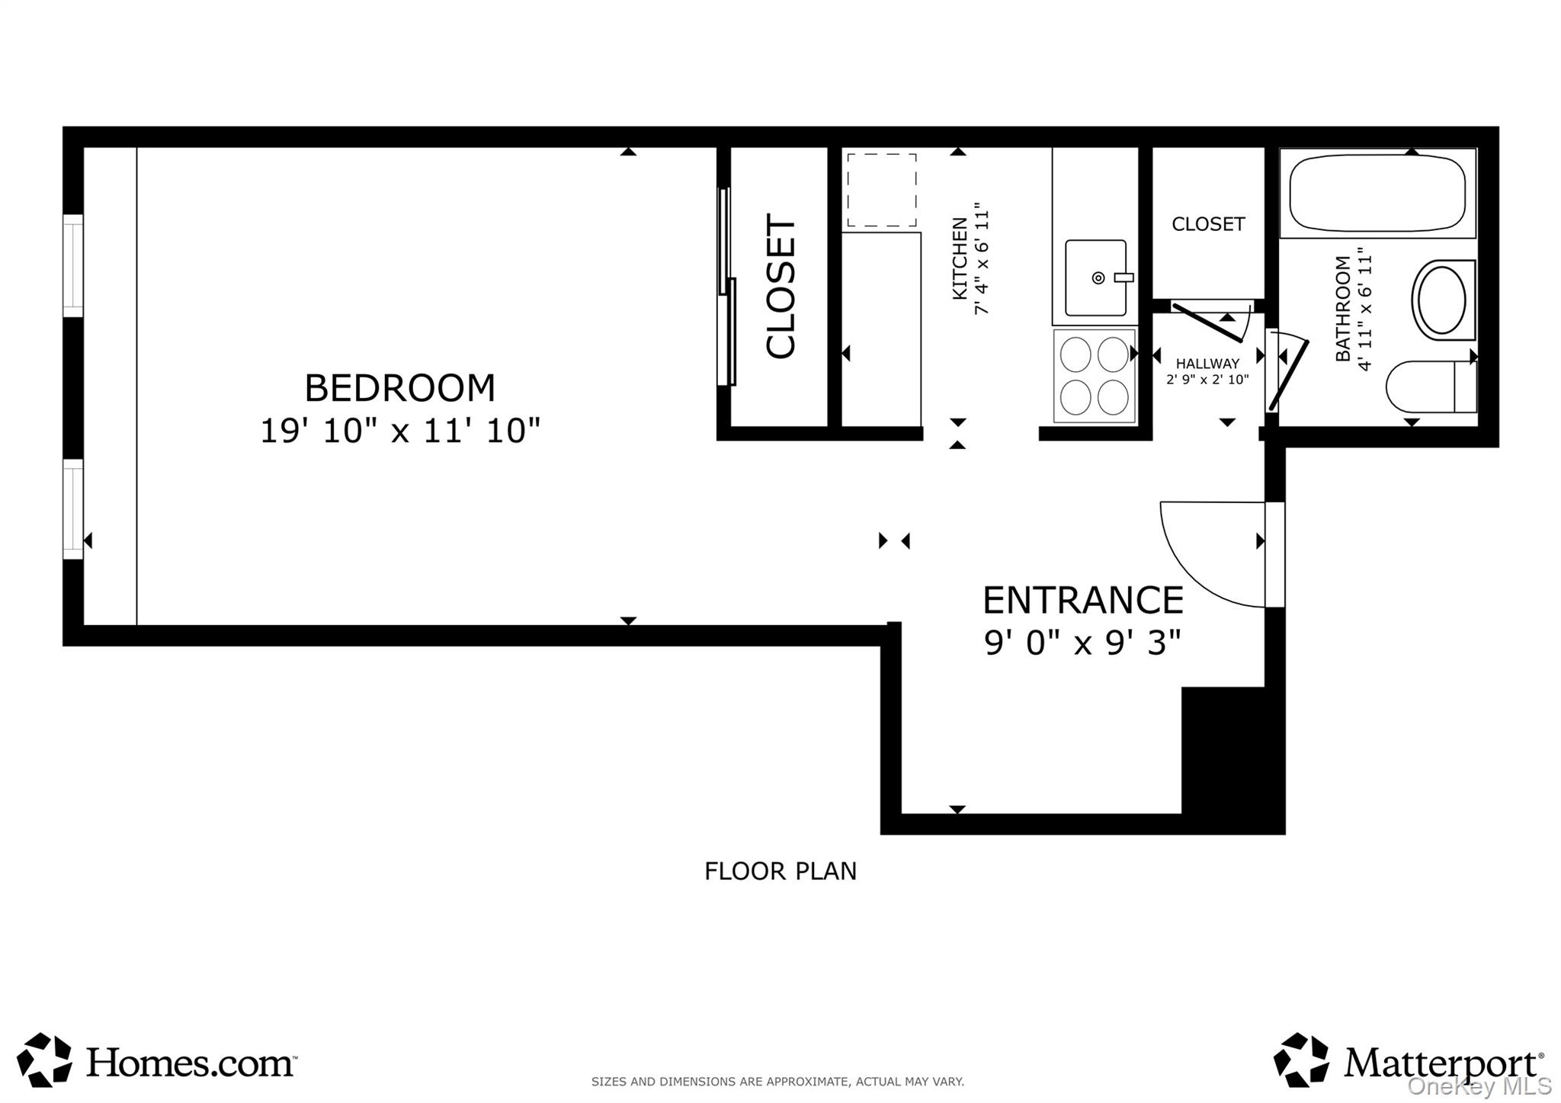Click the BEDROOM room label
399,388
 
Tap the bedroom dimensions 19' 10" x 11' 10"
399,431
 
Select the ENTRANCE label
1082,600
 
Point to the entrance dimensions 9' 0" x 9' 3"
1082,643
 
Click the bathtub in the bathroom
1377,194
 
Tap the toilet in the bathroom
1430,387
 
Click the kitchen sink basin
1095,277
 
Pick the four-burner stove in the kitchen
1095,376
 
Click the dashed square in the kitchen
881,191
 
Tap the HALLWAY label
1207,364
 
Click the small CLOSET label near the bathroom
1207,224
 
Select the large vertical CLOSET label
780,286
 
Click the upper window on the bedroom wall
73,265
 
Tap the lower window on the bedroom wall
73,508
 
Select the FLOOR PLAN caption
780,871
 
